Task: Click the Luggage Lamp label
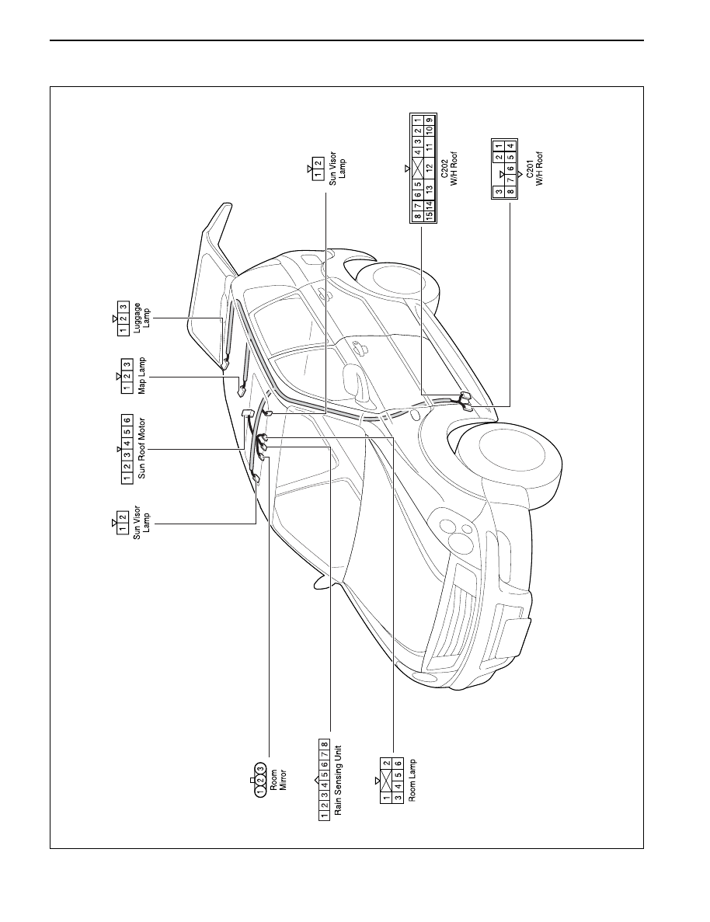[141, 318]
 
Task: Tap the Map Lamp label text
[141, 376]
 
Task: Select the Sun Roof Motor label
[141, 448]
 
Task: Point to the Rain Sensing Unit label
[338, 781]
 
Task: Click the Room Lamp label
[412, 780]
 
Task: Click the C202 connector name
[444, 169]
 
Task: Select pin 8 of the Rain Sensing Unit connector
[324, 744]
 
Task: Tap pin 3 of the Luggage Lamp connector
[123, 308]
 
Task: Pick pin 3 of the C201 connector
[498, 192]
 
